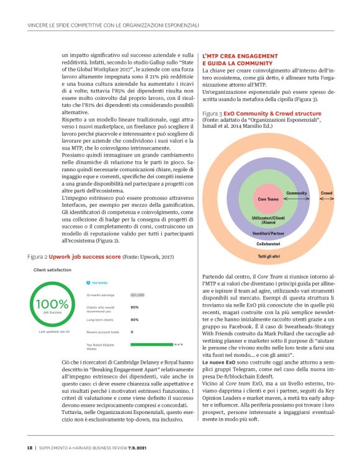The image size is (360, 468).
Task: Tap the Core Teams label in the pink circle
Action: pos(267,199)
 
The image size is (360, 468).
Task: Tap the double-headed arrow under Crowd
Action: pos(326,199)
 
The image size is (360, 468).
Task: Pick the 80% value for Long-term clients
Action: pos(135,320)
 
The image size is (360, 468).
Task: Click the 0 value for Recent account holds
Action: pos(132,332)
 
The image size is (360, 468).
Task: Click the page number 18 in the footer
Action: pos(29,448)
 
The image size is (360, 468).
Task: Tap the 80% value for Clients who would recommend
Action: pos(135,307)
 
